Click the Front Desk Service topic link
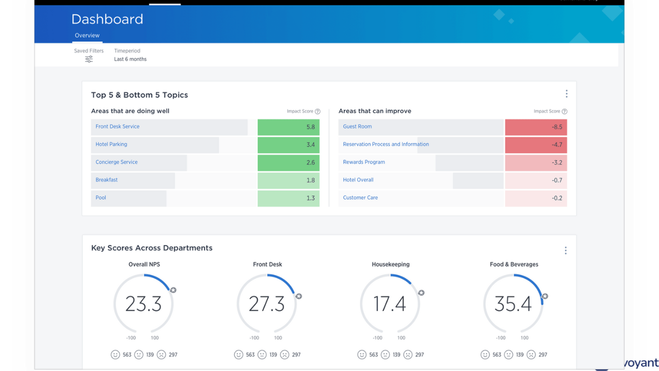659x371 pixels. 117,127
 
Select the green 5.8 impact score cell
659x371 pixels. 288,127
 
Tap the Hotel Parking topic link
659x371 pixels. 111,144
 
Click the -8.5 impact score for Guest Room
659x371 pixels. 535,127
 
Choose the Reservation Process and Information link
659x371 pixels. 385,144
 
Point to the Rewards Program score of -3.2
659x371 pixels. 535,163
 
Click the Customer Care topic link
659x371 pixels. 360,198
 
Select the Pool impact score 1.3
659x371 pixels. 288,198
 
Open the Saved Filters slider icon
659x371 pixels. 89,59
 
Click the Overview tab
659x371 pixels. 87,35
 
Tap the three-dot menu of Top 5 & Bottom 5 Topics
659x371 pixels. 566,94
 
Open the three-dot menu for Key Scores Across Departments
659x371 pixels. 565,250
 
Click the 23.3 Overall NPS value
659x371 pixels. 143,304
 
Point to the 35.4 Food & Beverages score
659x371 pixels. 513,304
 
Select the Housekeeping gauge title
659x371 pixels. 390,264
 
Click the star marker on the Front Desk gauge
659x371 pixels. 299,296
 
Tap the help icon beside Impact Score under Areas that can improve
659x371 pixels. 564,112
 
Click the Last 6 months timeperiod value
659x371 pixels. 130,59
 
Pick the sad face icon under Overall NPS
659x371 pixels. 161,355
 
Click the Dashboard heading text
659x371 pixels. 107,19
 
